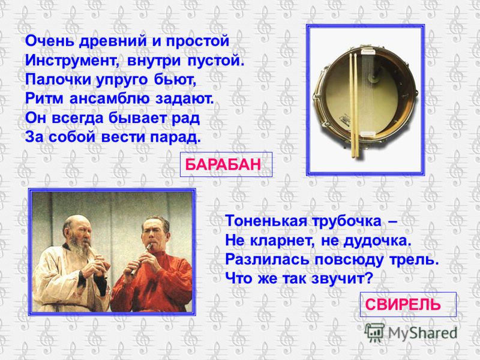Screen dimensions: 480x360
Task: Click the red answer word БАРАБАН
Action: click(x=223, y=164)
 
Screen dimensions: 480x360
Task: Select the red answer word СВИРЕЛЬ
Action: click(x=403, y=305)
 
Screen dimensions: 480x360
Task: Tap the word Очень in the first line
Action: click(x=50, y=41)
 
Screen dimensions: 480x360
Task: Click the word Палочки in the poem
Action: click(x=58, y=80)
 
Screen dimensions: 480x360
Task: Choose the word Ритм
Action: click(x=44, y=98)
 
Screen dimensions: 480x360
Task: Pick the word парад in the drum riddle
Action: click(x=175, y=137)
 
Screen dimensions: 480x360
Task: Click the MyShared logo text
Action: click(x=422, y=333)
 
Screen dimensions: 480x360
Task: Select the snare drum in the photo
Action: click(x=365, y=94)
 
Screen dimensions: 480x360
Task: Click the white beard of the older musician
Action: click(x=80, y=248)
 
